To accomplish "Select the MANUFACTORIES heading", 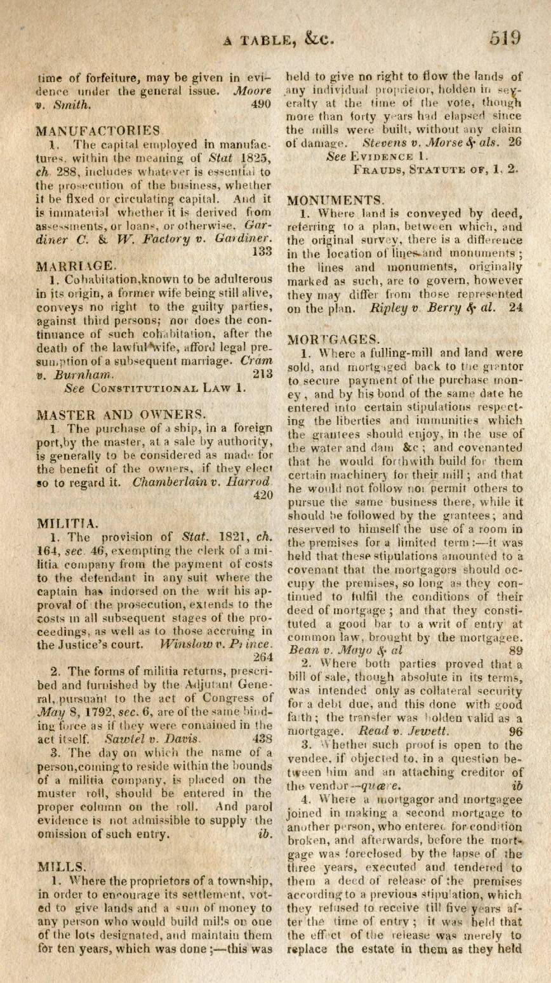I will [x=98, y=131].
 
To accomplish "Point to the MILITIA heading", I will [x=67, y=523].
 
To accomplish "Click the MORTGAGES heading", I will [x=335, y=339].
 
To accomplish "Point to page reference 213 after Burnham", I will [x=262, y=374].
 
